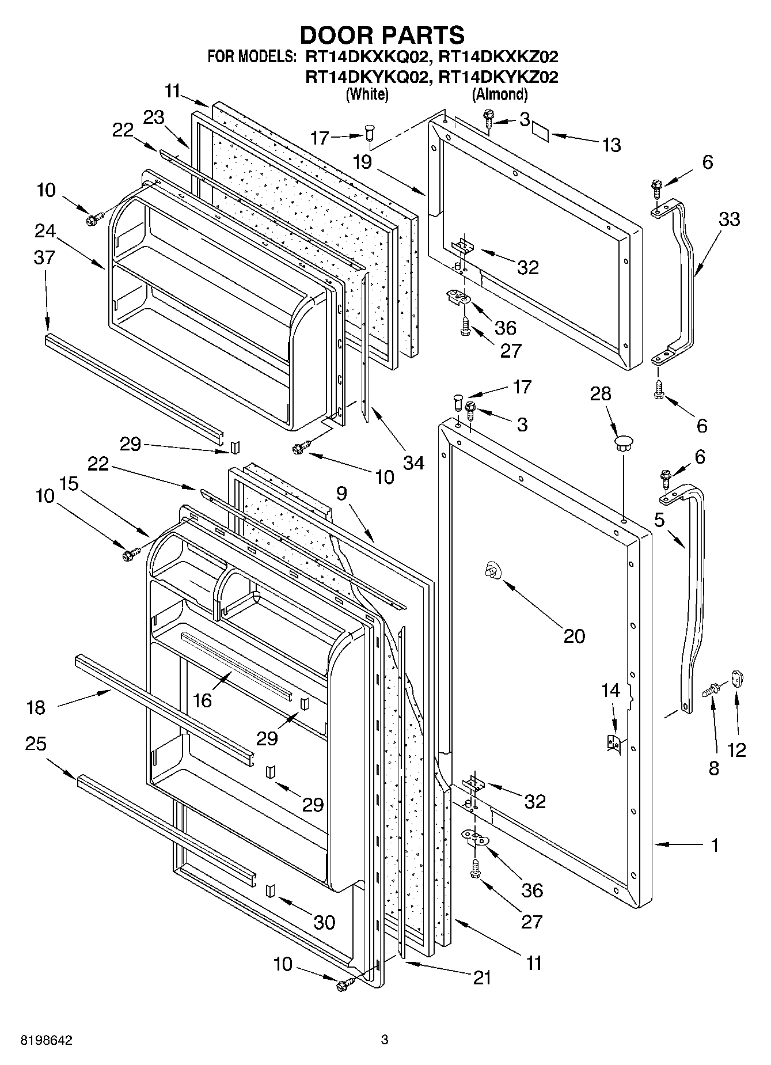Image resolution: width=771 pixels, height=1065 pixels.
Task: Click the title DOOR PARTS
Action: tap(382, 35)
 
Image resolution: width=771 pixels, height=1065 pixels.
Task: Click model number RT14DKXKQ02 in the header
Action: tap(367, 56)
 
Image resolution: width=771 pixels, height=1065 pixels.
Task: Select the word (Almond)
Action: tap(499, 94)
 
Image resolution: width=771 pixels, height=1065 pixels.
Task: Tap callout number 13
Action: tap(612, 145)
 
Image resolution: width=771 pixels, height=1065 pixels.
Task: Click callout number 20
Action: tap(573, 636)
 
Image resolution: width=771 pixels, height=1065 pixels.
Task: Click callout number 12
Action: tap(736, 749)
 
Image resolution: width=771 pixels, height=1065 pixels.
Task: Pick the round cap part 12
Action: tap(738, 678)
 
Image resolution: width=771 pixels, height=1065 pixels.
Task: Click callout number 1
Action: tap(715, 846)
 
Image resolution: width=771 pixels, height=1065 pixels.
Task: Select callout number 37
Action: tap(44, 257)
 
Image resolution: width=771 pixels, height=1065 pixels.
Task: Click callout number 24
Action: tap(44, 231)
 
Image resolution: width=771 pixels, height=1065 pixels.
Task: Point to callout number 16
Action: tap(203, 700)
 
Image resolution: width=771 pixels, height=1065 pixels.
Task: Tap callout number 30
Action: tap(324, 922)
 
